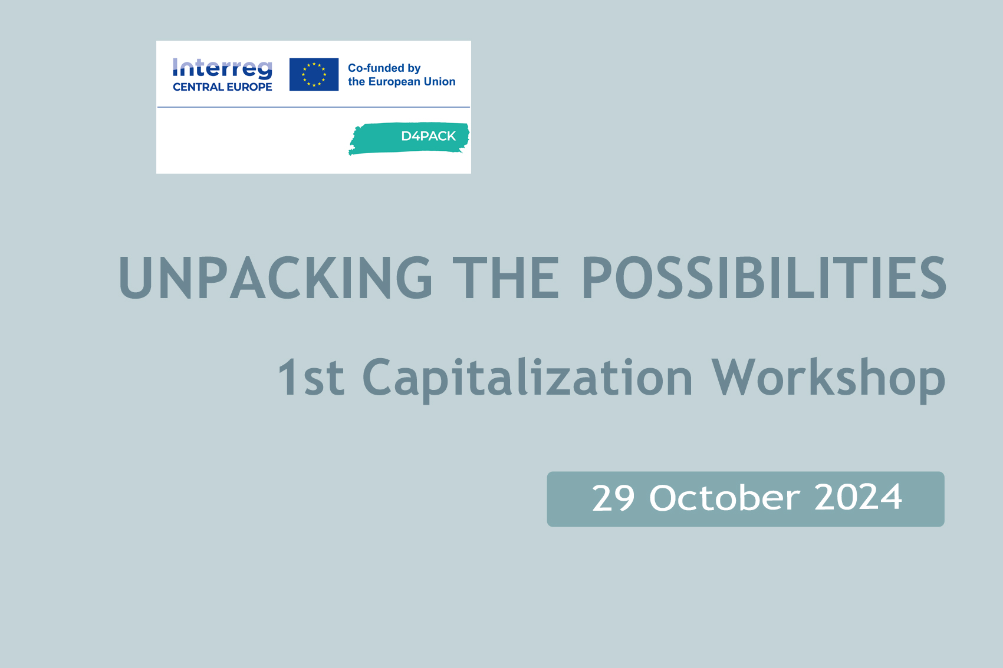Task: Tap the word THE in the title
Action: click(x=506, y=277)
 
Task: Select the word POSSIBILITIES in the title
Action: click(x=764, y=277)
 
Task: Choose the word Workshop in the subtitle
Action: click(x=828, y=379)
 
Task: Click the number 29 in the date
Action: click(x=613, y=498)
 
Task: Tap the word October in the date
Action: click(x=725, y=497)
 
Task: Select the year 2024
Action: click(x=858, y=498)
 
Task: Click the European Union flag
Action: click(x=314, y=74)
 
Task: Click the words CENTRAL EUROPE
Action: click(x=222, y=87)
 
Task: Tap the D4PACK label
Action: click(x=428, y=136)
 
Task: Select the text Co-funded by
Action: click(x=384, y=68)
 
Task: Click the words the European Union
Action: click(x=402, y=81)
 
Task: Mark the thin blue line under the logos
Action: click(x=314, y=107)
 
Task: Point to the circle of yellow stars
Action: click(x=314, y=74)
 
